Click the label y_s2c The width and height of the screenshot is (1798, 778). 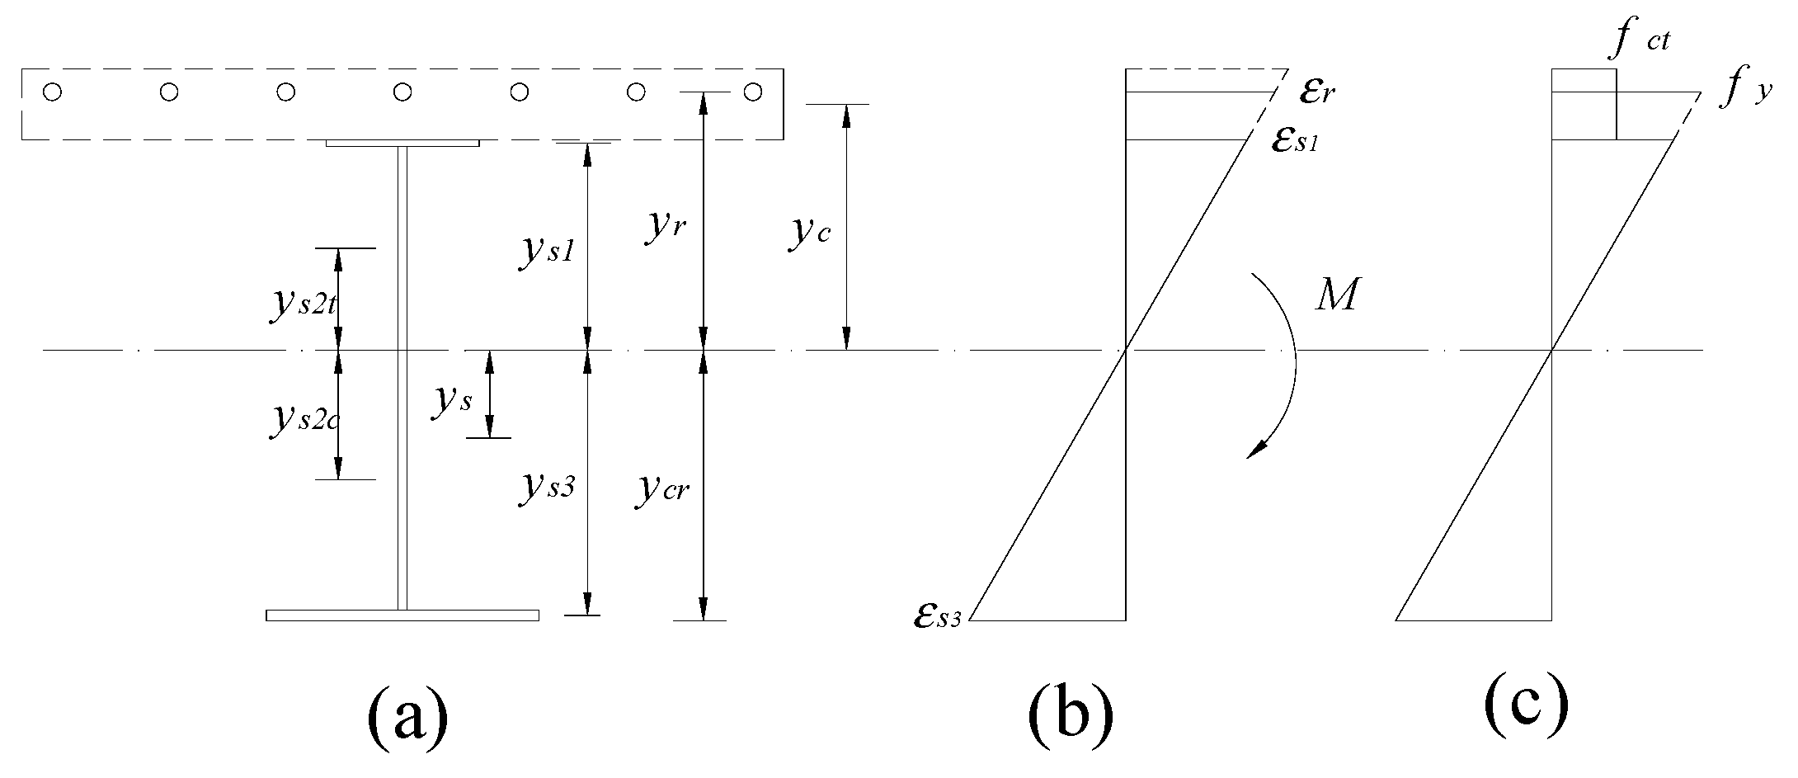(x=304, y=419)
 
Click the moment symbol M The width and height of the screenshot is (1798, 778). (x=1335, y=295)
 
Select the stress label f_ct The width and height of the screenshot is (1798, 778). (x=1640, y=40)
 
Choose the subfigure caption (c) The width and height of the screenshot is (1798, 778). (x=1525, y=706)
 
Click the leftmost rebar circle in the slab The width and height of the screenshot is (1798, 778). (x=52, y=92)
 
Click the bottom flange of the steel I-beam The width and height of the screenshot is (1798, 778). (x=402, y=615)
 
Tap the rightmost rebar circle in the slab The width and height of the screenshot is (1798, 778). (x=752, y=92)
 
